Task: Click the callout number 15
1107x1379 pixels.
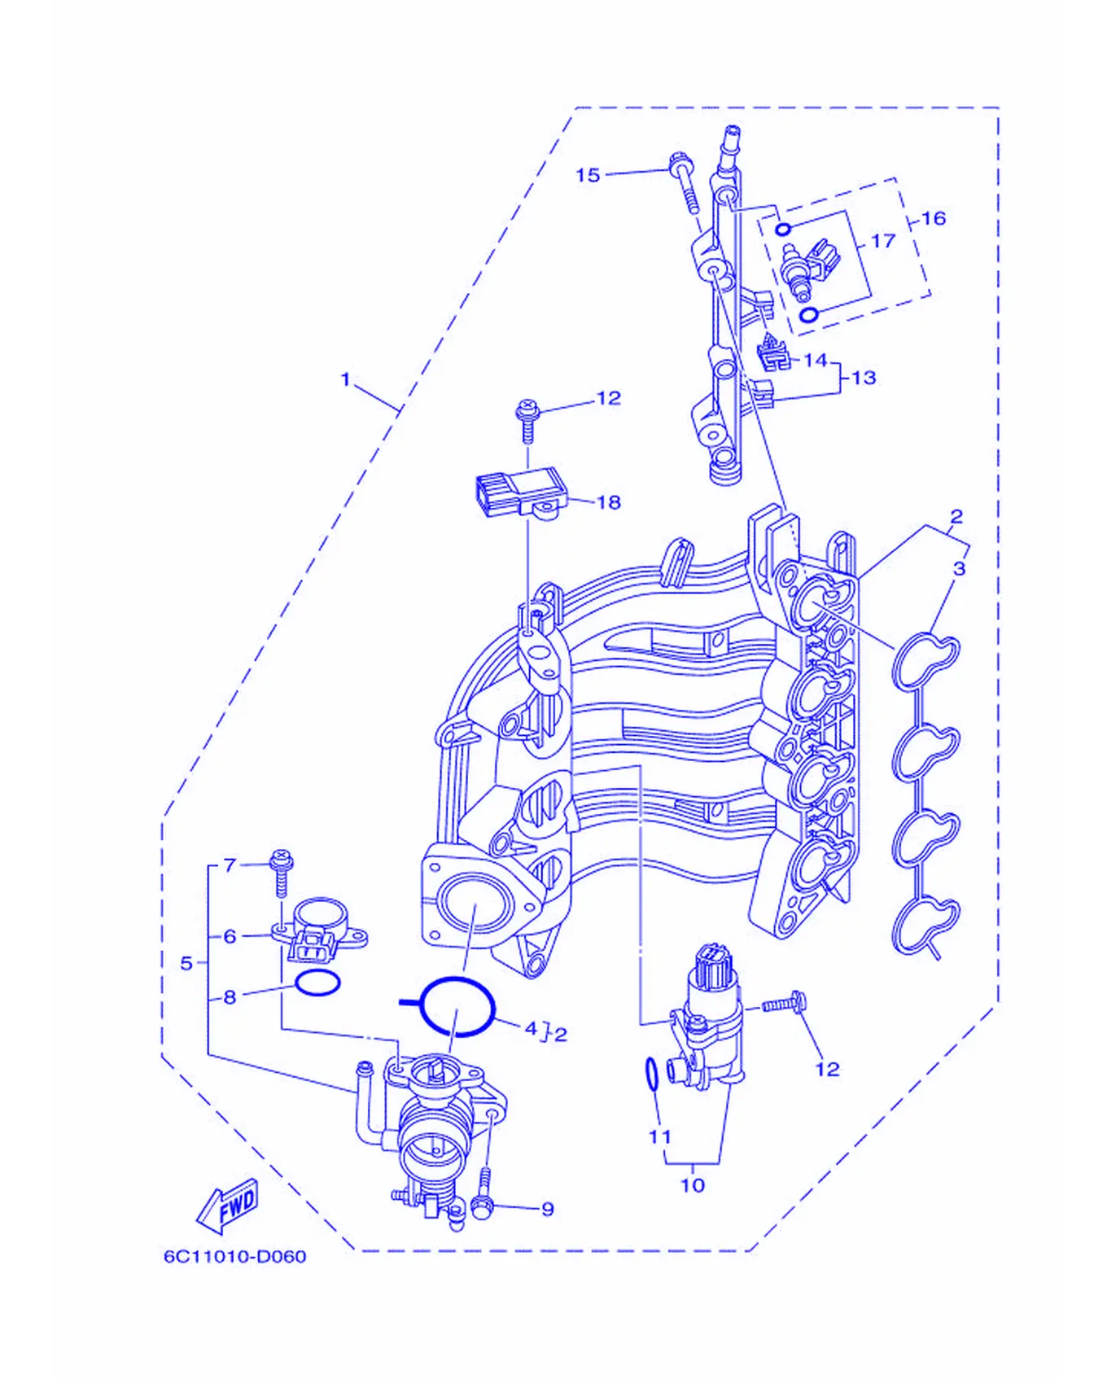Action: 587,175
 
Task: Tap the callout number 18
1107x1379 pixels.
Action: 609,502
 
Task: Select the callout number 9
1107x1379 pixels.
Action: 548,1210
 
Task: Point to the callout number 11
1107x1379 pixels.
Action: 659,1136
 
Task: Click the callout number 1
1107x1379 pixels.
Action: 345,379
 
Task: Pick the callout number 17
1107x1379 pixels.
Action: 882,241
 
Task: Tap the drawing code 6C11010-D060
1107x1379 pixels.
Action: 235,1256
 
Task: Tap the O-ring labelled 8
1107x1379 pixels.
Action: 317,983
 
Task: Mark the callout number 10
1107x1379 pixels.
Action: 693,1185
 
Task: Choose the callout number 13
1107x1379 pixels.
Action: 864,378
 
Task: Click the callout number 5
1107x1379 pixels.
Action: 186,963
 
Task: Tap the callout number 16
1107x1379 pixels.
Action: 934,218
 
